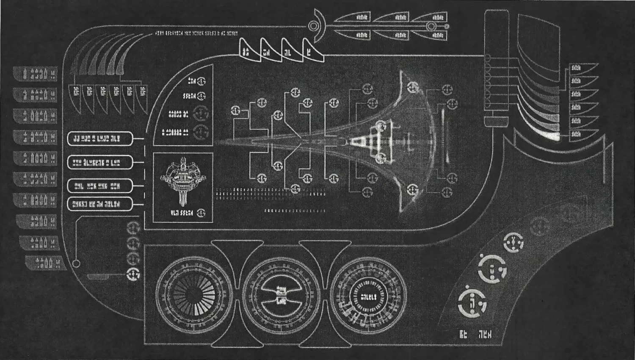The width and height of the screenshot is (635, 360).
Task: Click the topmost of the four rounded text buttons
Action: (100, 138)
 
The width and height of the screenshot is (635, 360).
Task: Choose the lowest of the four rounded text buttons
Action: (100, 205)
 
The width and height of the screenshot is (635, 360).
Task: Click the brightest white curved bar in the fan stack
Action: (549, 136)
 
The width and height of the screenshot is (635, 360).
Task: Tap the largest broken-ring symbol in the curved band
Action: (472, 302)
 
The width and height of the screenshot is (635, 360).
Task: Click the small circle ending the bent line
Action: (76, 263)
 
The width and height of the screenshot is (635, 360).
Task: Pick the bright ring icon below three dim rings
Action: (133, 274)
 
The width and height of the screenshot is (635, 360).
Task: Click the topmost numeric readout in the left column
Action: (36, 74)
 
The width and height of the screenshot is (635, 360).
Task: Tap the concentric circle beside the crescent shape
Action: (313, 26)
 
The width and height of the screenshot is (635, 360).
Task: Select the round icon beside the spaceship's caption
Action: (201, 213)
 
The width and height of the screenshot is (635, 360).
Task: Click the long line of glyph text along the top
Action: (196, 33)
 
